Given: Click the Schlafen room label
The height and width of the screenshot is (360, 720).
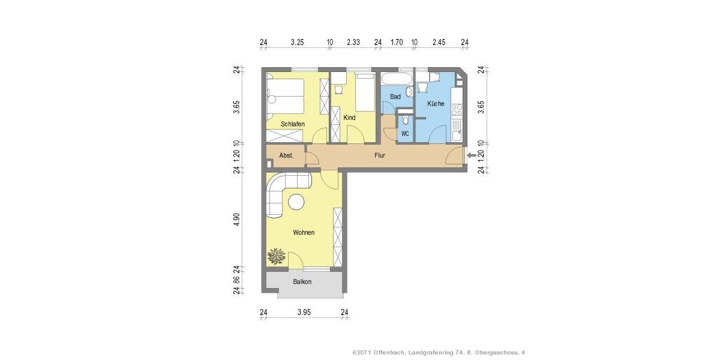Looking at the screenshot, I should coord(292,124).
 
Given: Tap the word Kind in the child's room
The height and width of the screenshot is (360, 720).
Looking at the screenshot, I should coord(349,118).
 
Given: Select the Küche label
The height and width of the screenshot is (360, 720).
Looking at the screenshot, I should coord(436,104).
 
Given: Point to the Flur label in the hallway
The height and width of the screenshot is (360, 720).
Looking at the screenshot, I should coord(379,155).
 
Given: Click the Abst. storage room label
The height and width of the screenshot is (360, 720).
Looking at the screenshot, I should coord(286,155).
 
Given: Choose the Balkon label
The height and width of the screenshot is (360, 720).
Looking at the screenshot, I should coord(302,281).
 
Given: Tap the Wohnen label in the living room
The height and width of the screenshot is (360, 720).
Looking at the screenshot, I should coord(304,232).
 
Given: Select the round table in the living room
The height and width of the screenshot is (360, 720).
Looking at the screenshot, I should coord(296,202).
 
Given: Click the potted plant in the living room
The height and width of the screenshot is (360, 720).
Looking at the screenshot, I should coord(277,257).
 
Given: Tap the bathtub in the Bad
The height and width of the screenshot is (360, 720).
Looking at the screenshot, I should coord(397,79).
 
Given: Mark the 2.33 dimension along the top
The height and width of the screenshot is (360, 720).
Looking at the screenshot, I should coord(353,42).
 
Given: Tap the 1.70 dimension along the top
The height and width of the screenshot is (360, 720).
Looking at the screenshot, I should coord(396,42).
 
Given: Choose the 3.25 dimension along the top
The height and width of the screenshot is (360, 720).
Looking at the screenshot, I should coord(296,42).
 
